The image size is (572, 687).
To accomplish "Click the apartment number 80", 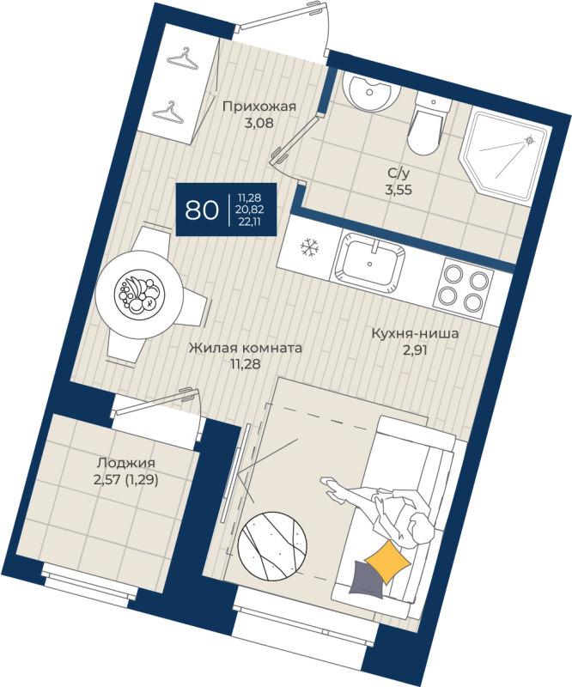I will [x=201, y=210].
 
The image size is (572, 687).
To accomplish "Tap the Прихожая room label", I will [x=259, y=106].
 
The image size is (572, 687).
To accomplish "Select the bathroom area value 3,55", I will [x=399, y=190].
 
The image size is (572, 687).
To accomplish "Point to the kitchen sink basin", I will [x=372, y=263].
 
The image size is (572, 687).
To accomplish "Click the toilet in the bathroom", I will [x=424, y=123].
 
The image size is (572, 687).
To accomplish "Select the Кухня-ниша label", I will [x=416, y=334].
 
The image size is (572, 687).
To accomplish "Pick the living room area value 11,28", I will [x=245, y=364].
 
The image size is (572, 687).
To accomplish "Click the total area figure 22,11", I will [x=251, y=221].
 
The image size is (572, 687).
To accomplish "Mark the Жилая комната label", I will [x=245, y=349].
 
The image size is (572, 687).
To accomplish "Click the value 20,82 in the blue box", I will [x=251, y=210].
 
